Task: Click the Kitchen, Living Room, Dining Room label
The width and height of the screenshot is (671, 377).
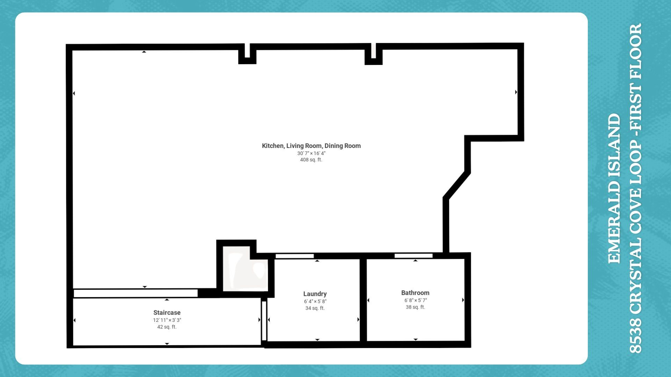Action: tap(311, 146)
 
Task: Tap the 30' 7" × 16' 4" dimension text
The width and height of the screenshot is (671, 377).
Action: tap(311, 153)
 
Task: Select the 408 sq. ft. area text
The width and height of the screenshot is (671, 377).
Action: tap(311, 160)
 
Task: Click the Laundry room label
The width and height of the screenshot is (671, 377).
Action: tap(315, 294)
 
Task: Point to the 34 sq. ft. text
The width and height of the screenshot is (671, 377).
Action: tap(315, 308)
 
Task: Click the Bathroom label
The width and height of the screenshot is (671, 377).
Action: tap(415, 293)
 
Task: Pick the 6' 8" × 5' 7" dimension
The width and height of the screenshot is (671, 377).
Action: tap(416, 300)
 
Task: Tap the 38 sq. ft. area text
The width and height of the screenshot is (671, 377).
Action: tap(415, 307)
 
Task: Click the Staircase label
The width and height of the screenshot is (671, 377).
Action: tap(167, 313)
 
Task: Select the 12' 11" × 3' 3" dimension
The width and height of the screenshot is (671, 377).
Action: tap(167, 320)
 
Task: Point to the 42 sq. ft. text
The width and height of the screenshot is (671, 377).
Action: tap(167, 327)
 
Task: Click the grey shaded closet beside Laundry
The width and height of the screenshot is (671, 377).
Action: tap(245, 271)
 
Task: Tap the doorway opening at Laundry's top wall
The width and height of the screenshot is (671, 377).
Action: tap(294, 256)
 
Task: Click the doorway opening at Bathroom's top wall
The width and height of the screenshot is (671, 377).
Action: tap(413, 256)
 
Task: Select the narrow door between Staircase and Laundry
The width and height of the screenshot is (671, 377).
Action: tap(264, 320)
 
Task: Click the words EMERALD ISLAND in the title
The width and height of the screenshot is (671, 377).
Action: tap(614, 188)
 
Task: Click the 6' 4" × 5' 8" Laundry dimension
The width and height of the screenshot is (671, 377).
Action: tap(315, 301)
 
